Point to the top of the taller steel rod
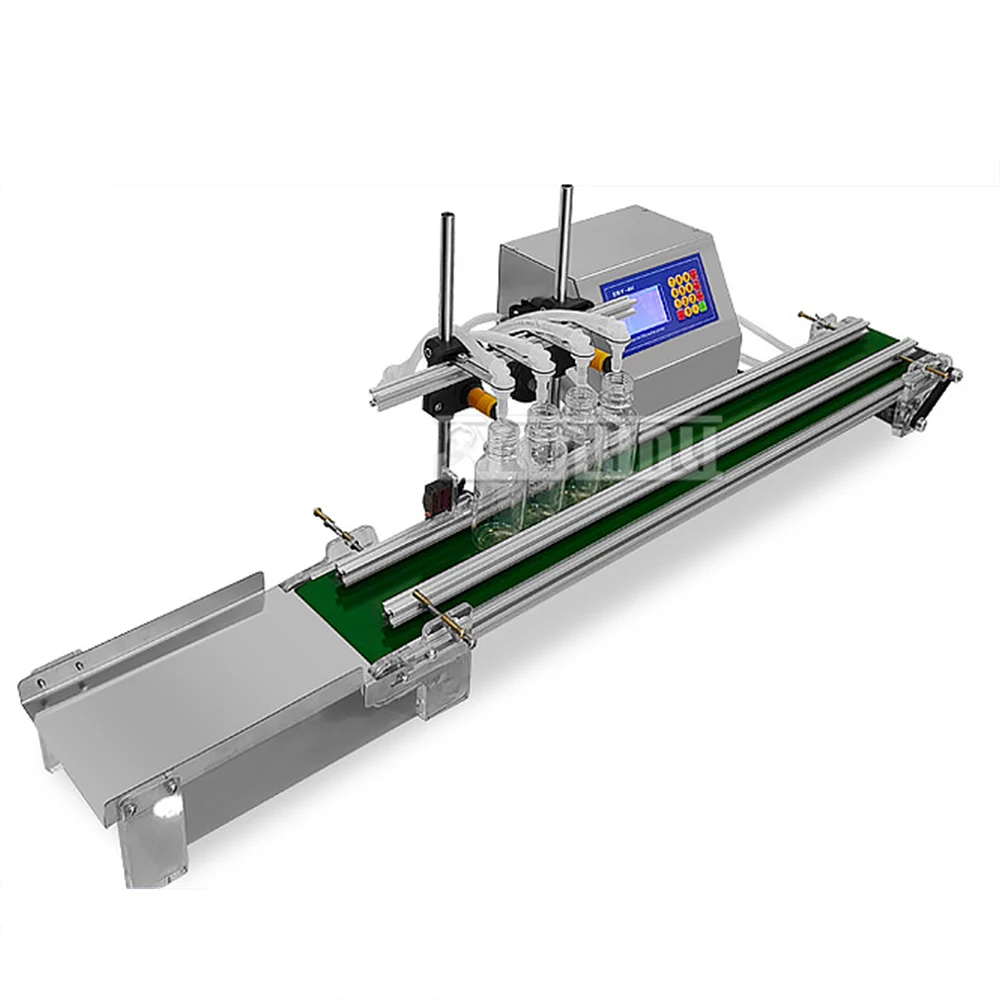pos(566,190)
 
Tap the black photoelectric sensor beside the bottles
pos(436,496)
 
